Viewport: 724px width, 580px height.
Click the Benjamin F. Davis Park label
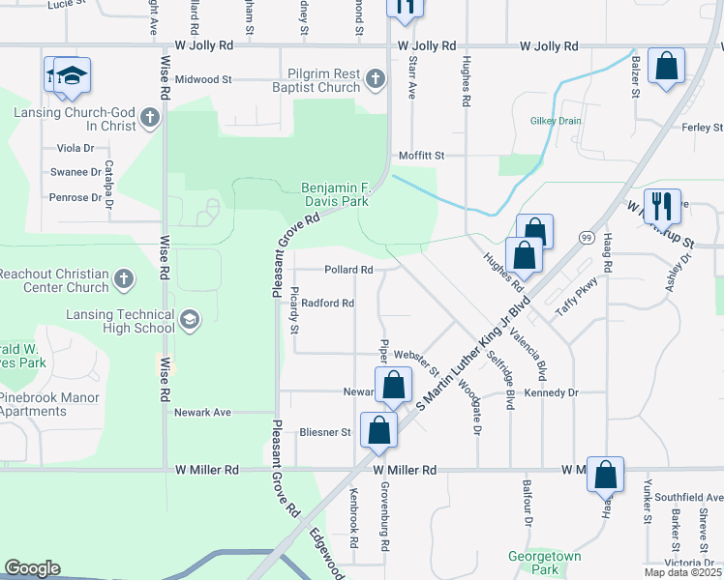tap(335, 194)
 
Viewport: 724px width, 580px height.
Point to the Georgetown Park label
tap(545, 564)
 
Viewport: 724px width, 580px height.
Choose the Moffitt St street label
tap(421, 155)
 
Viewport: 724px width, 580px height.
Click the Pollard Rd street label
tap(348, 270)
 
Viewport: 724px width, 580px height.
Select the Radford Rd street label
tap(327, 303)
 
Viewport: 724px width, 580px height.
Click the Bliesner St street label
tap(324, 432)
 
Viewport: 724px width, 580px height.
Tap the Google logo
tap(33, 568)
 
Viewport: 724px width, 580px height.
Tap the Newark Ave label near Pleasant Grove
tap(202, 412)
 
